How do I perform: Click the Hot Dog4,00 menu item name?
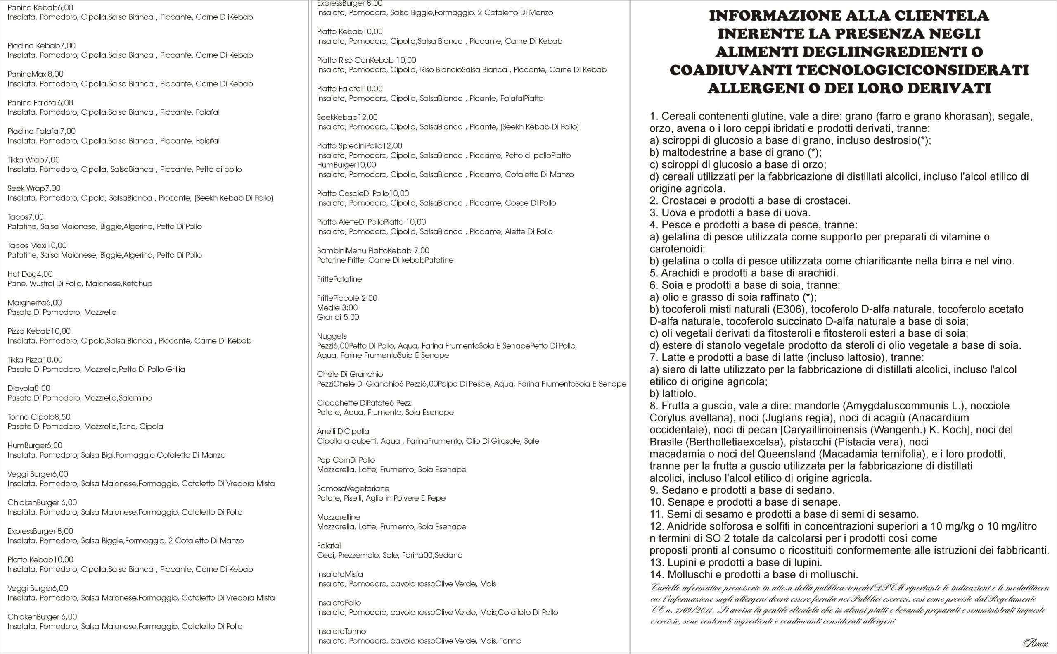[x=30, y=274]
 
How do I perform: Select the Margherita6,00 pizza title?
[x=35, y=303]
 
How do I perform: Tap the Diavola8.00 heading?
[x=29, y=388]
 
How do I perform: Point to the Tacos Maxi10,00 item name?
[x=37, y=246]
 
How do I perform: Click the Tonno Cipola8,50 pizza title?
[x=39, y=417]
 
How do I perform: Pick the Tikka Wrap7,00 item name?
[x=34, y=160]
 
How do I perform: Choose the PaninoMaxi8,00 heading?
[x=36, y=74]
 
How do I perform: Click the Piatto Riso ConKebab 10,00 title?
[x=366, y=61]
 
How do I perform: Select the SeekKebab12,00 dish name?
[x=347, y=118]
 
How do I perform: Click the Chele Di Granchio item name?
[x=350, y=375]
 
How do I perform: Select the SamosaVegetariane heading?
[x=353, y=489]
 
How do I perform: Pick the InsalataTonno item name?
[x=341, y=632]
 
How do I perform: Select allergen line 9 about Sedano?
[x=742, y=490]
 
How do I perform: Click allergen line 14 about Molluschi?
[x=754, y=575]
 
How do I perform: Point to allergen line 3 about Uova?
[x=730, y=213]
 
